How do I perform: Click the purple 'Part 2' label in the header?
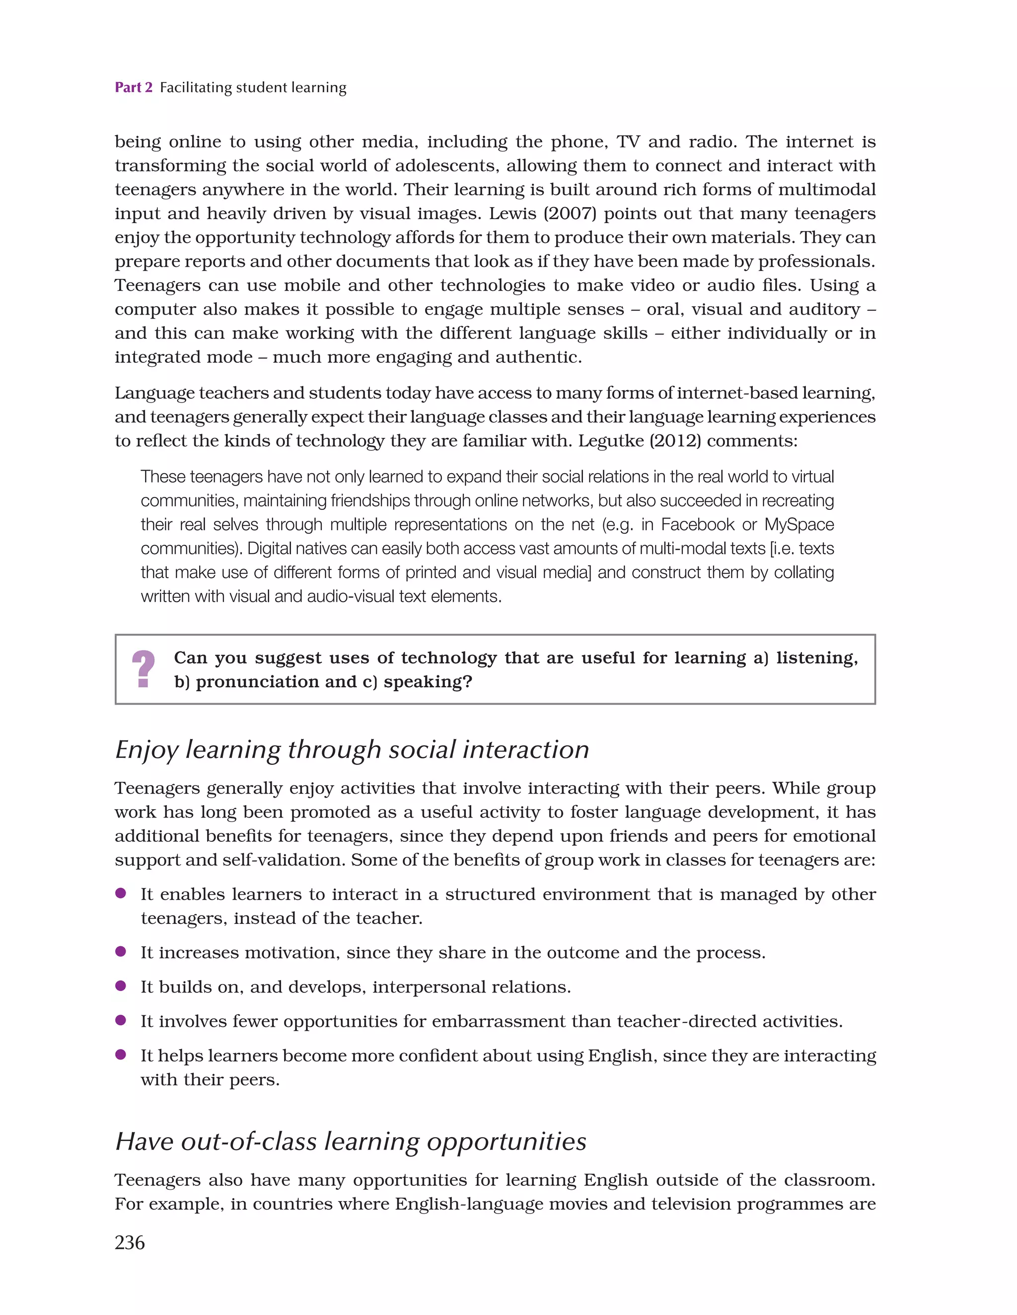[x=134, y=88]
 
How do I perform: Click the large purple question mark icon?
[x=143, y=669]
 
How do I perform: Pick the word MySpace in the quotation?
[x=799, y=524]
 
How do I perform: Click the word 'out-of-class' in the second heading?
[x=248, y=1142]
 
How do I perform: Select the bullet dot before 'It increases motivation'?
[x=120, y=951]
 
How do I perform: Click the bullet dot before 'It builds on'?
[x=120, y=986]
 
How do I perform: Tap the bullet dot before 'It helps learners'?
[x=120, y=1054]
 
